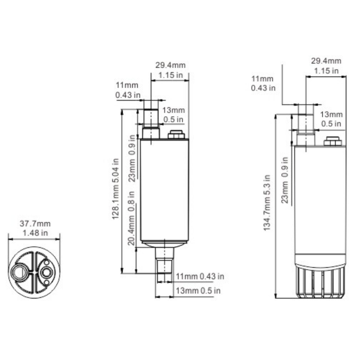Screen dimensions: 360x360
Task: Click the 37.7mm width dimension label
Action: [35, 223]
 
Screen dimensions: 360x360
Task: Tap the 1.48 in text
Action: [35, 233]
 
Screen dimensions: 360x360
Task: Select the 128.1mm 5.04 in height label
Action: [115, 189]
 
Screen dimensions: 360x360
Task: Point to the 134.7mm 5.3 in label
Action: [267, 203]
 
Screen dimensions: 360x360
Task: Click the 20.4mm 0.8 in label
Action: [131, 218]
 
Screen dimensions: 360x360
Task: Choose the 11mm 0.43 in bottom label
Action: [200, 276]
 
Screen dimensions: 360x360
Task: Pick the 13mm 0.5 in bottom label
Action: [198, 291]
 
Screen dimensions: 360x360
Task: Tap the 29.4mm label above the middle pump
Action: [170, 65]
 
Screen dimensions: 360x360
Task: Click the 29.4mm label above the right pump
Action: [326, 61]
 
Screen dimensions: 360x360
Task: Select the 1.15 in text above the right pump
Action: [326, 71]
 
